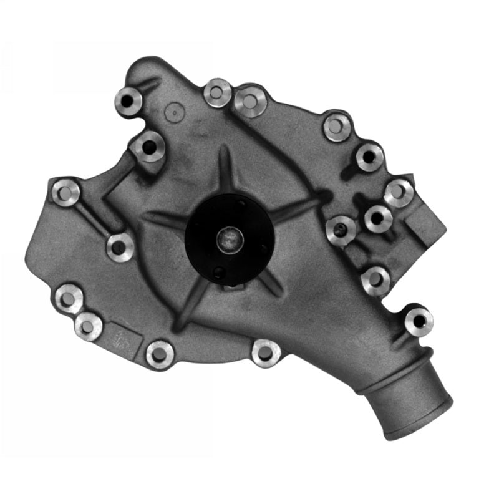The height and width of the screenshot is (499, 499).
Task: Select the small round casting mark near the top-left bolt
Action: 175,112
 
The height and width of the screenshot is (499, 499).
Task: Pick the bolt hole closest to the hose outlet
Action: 419,321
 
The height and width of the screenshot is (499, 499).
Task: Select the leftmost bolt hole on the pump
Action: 65,192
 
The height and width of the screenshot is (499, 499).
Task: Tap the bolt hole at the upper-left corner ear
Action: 128,99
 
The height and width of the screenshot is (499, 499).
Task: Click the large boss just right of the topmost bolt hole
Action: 251,100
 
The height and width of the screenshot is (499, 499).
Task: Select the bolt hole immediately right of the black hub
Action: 341,230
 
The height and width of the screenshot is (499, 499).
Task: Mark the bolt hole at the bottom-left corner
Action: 68,298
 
